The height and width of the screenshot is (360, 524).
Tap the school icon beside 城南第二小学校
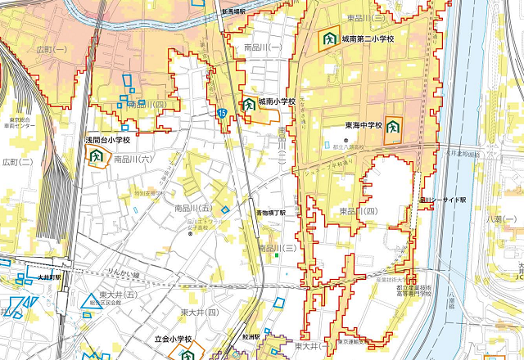click(x=328, y=38)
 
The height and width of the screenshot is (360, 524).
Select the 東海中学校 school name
click(x=364, y=126)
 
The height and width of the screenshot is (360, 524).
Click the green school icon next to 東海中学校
click(x=394, y=127)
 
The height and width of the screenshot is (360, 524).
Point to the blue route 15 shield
click(x=222, y=113)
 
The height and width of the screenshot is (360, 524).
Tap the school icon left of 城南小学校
click(x=247, y=104)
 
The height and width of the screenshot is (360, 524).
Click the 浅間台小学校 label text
click(x=107, y=141)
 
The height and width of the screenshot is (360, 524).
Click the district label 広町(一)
click(x=53, y=50)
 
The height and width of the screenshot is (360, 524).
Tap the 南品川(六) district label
click(x=133, y=159)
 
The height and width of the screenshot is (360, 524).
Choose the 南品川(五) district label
click(x=193, y=209)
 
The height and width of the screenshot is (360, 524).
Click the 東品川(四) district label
click(x=358, y=211)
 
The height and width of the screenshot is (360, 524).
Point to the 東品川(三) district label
click(x=365, y=18)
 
